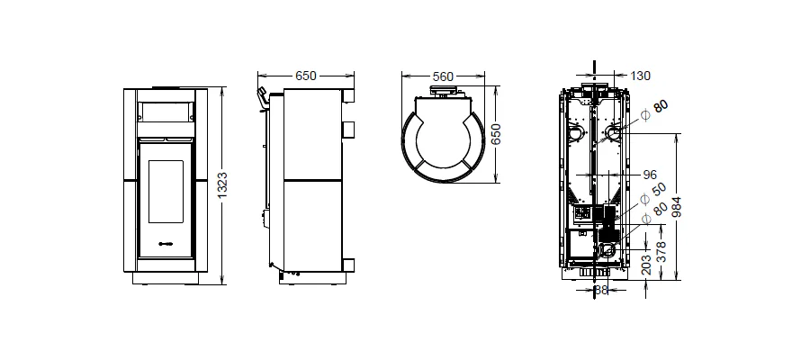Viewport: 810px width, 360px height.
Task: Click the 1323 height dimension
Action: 222,185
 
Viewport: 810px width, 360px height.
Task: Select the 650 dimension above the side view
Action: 306,76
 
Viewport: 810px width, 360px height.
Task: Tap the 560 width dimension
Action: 443,77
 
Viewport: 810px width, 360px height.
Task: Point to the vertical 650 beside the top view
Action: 496,135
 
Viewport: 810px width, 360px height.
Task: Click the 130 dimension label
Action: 641,76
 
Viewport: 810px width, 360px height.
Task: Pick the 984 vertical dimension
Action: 677,207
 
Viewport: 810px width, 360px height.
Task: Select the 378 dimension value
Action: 661,251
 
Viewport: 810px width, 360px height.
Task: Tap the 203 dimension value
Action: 645,265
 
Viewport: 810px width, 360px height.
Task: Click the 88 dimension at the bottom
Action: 601,290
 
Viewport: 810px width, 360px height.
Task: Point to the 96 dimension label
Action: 650,175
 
